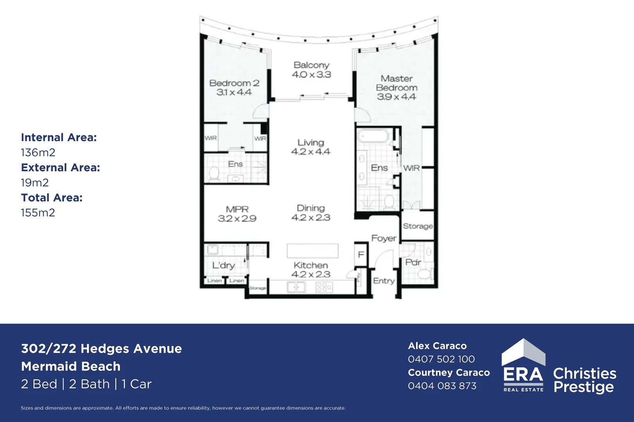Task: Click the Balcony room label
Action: coord(311,65)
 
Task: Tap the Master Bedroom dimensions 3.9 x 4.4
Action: coord(396,97)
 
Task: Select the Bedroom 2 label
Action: coord(234,83)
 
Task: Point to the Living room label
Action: coord(311,143)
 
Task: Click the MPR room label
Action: coord(237,209)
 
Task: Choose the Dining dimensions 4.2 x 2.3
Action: coord(311,218)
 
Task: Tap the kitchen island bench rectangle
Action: coord(313,250)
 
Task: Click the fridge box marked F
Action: coord(361,254)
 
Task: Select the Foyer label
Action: coord(383,238)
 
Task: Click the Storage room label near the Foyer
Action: coord(418,226)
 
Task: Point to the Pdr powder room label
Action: coord(413,262)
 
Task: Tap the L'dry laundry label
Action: coord(223,265)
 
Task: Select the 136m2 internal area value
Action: coord(38,152)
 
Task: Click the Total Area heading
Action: coord(52,198)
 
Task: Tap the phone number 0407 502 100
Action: coord(441,359)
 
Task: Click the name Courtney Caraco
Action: coord(449,372)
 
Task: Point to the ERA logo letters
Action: coord(523,375)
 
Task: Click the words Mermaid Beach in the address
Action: coord(71,366)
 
